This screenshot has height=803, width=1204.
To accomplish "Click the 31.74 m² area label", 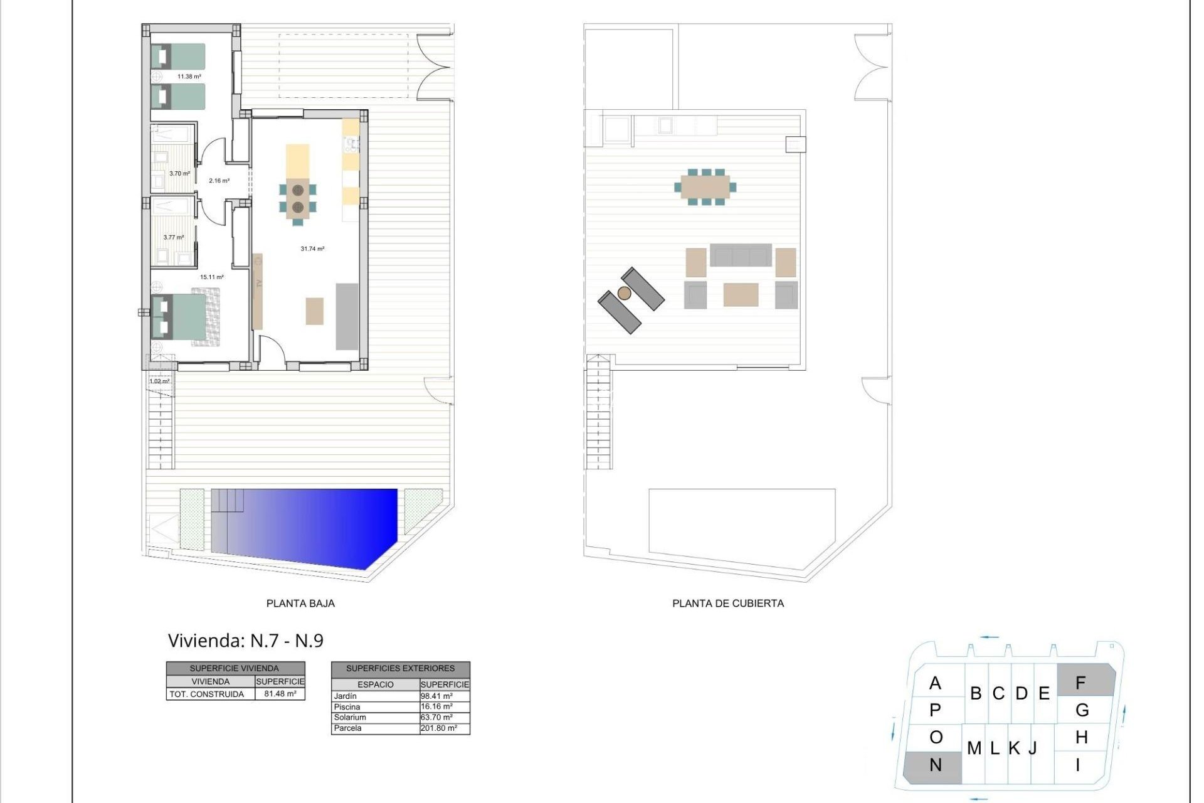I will tap(312, 249).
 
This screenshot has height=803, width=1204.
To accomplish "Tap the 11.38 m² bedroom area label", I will tap(189, 77).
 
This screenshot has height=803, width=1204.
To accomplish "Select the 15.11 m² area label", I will tap(211, 277).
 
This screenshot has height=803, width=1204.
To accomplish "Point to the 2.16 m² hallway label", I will tap(219, 181).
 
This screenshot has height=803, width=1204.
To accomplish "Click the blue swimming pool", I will tap(307, 524).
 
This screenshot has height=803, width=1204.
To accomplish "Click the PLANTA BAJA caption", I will tap(300, 604).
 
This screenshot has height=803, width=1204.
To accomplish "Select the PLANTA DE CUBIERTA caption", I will tap(727, 604).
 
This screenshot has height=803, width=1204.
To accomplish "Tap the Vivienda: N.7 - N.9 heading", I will tap(245, 641).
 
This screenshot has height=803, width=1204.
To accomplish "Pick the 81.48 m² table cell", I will tap(280, 694).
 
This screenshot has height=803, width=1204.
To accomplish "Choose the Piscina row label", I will tap(347, 707).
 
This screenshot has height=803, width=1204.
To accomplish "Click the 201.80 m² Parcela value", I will tap(438, 728).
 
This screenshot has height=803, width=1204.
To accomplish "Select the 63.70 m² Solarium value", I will tap(436, 718).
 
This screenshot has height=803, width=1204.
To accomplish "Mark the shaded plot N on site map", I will tap(934, 765).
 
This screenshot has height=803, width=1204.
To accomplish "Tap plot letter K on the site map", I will tap(1014, 748).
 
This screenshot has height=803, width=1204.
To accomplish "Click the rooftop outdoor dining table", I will tap(705, 187).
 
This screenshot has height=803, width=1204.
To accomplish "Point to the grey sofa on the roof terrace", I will tap(741, 255).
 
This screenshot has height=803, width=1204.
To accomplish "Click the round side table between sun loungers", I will tap(624, 293).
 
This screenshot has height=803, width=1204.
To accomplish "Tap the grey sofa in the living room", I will tap(347, 316).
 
